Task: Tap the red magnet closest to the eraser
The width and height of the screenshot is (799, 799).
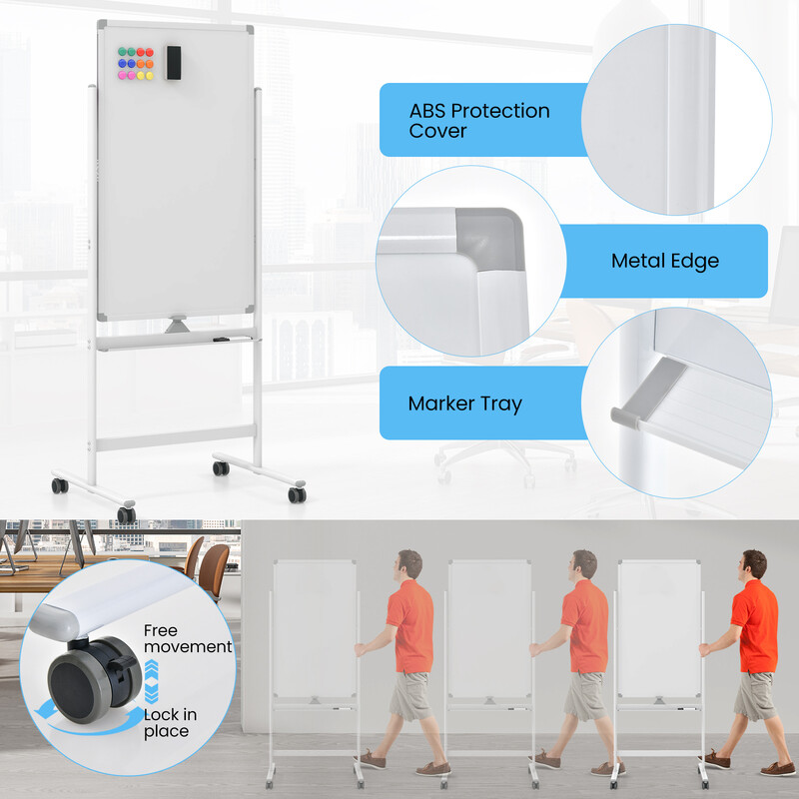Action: (x=150, y=51)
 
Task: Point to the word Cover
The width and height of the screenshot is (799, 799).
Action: (x=437, y=131)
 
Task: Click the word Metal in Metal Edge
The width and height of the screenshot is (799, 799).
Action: (x=639, y=262)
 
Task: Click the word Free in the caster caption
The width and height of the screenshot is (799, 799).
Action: (x=161, y=630)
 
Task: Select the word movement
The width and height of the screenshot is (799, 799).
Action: (x=188, y=647)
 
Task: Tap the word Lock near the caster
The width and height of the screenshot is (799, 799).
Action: (x=162, y=715)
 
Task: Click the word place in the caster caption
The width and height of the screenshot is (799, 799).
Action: (x=165, y=731)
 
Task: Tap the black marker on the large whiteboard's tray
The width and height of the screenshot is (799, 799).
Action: (x=221, y=341)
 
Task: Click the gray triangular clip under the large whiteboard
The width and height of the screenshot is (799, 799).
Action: (x=176, y=326)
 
